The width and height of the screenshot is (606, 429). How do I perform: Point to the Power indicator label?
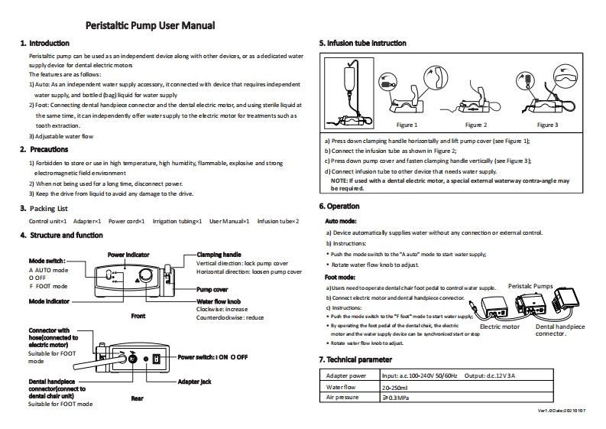coord(128,254)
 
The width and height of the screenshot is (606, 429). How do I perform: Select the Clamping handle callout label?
coord(219,254)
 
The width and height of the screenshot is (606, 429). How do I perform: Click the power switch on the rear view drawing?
coord(155,358)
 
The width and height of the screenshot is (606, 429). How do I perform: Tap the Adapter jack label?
coord(193,381)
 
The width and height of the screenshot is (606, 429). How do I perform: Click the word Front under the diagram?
coord(138,315)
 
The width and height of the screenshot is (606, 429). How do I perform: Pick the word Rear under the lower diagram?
coord(137,398)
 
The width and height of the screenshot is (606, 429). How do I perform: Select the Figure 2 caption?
coord(475,125)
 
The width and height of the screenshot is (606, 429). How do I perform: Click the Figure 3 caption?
coord(547,125)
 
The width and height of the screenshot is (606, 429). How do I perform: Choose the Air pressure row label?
coord(342,398)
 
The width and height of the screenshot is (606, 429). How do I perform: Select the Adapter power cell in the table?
coord(348,376)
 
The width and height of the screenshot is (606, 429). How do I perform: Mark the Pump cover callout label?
coord(212,291)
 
